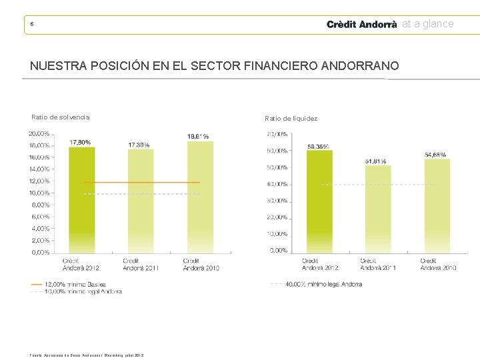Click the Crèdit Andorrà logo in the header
coord(361,24)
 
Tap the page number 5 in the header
coord(31,25)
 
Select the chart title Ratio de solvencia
coord(60,117)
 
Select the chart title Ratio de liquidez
coord(291,119)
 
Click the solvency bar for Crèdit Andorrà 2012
coord(81,200)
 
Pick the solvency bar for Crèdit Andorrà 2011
coord(140,201)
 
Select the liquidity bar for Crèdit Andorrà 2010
coord(437,205)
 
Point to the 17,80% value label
coord(81,142)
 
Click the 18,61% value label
coord(198,137)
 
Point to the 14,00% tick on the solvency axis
coord(39,169)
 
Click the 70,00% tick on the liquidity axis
coord(277,134)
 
